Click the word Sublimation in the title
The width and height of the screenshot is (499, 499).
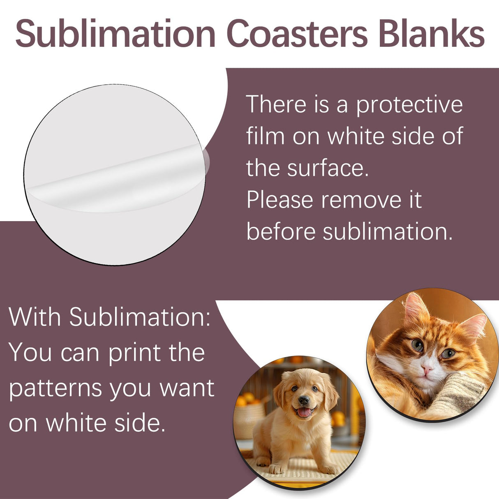[116, 34]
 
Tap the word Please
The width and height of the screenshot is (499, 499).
[280, 200]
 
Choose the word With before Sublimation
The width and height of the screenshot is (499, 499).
[35, 317]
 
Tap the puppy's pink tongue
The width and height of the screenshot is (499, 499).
[304, 412]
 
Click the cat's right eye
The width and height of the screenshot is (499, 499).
[418, 345]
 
